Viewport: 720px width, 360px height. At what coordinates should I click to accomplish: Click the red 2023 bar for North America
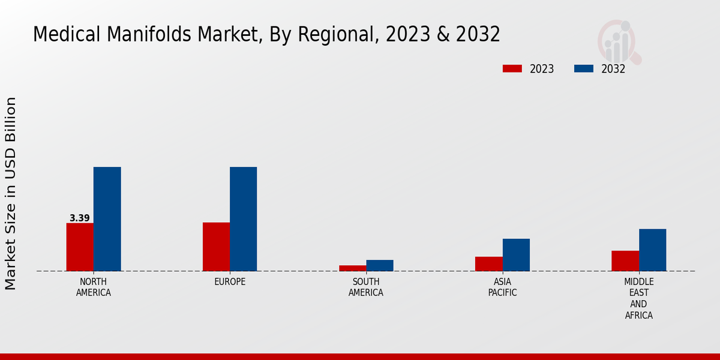(x=80, y=247)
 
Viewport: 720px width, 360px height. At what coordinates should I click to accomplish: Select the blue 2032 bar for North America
(x=107, y=219)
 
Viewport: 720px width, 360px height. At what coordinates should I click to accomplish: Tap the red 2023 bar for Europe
(x=216, y=247)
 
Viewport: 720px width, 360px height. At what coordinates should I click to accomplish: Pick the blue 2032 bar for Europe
(x=243, y=219)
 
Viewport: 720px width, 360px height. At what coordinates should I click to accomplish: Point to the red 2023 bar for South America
(x=352, y=268)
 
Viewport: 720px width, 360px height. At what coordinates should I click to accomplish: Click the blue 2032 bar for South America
(x=380, y=265)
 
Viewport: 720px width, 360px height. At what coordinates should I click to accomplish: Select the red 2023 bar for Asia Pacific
(x=489, y=264)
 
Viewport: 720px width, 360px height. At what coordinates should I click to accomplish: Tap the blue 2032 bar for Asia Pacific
(x=516, y=255)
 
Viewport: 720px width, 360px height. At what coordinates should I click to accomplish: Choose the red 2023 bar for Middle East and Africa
(x=625, y=260)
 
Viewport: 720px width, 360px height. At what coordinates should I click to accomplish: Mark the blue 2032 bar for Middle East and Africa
(x=652, y=250)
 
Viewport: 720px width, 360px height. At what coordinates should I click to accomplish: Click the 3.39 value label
(x=79, y=218)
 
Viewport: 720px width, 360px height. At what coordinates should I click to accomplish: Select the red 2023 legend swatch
(x=512, y=68)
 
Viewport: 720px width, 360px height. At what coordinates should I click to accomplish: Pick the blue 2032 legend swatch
(x=584, y=68)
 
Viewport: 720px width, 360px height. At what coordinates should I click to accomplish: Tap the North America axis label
(x=94, y=287)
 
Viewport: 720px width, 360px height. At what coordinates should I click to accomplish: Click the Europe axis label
(x=230, y=282)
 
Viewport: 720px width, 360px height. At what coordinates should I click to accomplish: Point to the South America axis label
(x=366, y=287)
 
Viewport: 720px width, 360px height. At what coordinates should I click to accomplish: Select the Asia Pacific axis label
(x=503, y=287)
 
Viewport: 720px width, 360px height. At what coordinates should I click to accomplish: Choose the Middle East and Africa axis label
(x=639, y=298)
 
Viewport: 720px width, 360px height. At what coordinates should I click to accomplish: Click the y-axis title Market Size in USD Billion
(x=11, y=193)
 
